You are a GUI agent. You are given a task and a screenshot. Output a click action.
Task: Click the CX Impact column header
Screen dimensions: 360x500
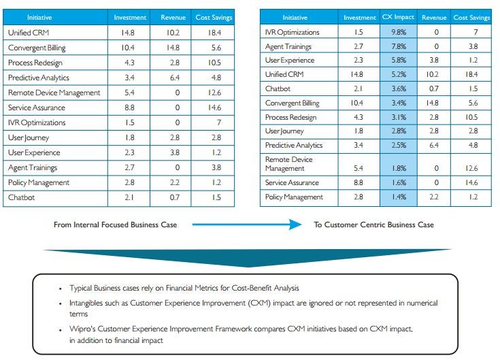coord(399,17)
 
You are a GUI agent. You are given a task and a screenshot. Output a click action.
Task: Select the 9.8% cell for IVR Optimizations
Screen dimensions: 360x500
coord(399,32)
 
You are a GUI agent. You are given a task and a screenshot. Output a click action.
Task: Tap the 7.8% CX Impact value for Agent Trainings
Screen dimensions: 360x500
coord(399,46)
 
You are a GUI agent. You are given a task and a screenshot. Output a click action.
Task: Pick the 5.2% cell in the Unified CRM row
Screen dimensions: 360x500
coord(399,75)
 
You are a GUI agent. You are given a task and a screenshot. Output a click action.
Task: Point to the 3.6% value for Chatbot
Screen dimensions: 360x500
coord(399,88)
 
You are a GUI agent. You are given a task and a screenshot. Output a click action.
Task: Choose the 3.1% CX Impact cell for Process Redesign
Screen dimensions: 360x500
coord(399,117)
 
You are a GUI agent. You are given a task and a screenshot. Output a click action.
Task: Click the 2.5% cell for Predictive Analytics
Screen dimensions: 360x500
coord(399,145)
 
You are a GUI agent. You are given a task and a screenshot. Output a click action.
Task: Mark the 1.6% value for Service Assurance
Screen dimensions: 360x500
coord(399,182)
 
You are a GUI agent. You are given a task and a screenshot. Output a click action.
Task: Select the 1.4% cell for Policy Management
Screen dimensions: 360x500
coord(399,197)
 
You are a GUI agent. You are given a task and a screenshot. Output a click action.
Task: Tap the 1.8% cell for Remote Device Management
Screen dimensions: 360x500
coord(399,168)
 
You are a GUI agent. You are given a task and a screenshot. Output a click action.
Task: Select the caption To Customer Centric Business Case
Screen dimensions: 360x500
coord(373,225)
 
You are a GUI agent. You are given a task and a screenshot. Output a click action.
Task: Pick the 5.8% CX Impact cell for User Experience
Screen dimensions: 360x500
coord(399,60)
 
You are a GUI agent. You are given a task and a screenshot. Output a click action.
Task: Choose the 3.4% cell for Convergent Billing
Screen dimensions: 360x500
coord(399,103)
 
